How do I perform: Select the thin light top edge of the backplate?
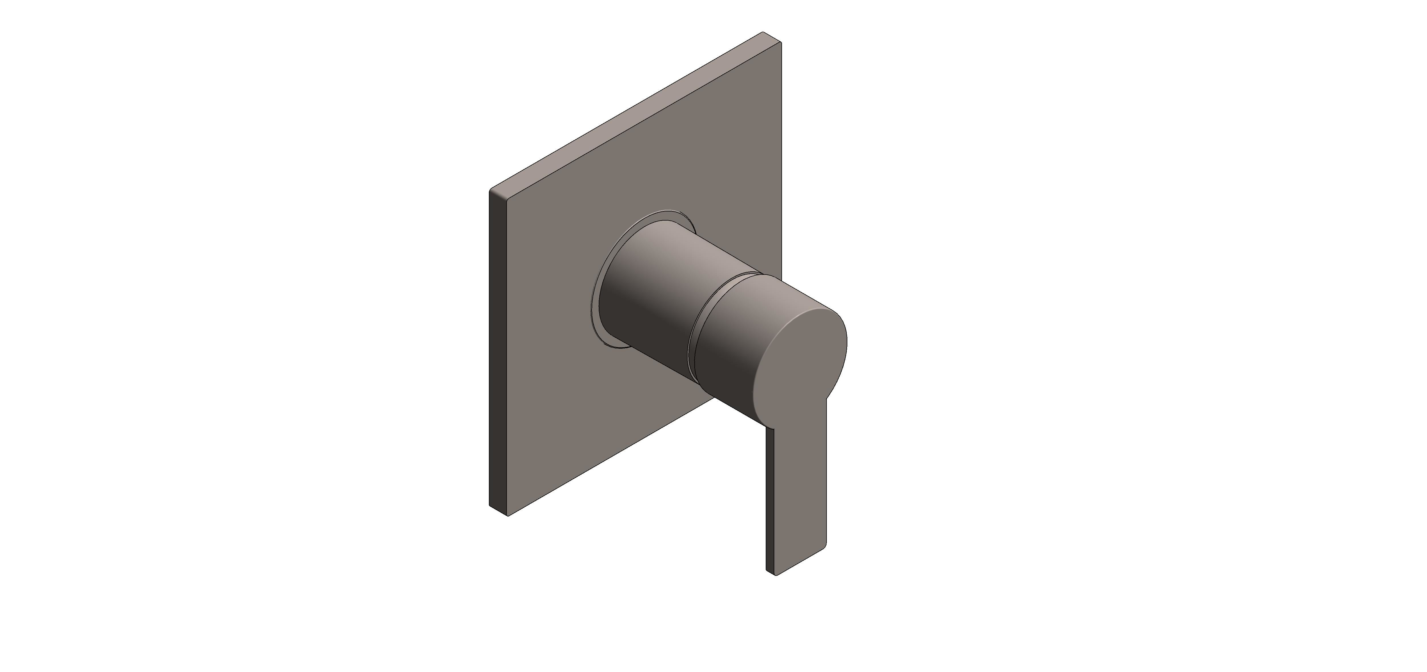[632, 114]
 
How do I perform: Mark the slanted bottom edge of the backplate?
[609, 460]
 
